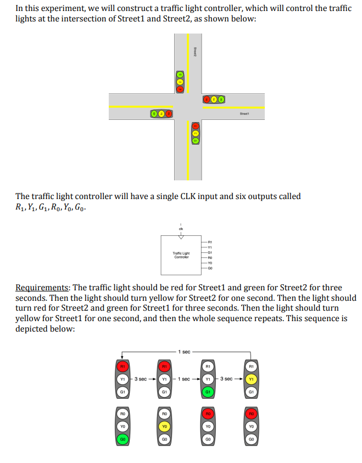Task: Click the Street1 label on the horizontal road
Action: tap(244, 114)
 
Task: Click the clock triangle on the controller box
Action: tap(181, 238)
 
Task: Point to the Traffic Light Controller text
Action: tap(181, 255)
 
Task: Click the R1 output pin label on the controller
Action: tap(210, 241)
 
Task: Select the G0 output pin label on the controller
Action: tap(210, 268)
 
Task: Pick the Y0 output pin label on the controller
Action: tap(210, 262)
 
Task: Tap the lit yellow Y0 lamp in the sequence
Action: tap(164, 426)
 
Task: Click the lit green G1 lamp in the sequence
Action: tap(208, 392)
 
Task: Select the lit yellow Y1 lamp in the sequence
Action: tap(251, 379)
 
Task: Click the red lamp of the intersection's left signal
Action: tap(169, 113)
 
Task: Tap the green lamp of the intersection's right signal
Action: tap(221, 100)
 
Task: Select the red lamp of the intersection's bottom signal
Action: tap(194, 126)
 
